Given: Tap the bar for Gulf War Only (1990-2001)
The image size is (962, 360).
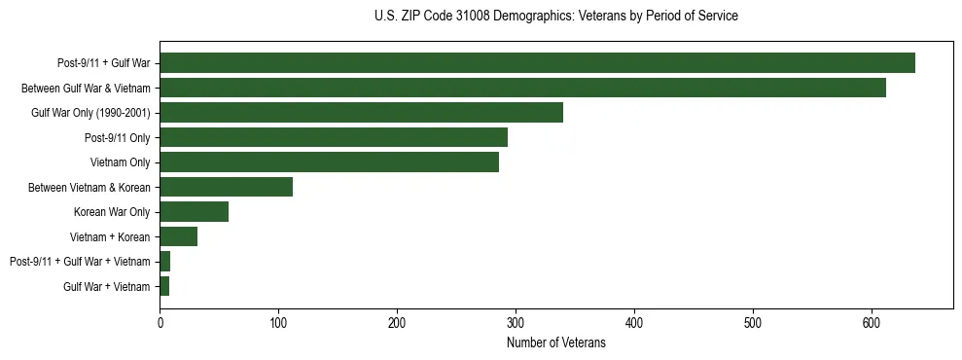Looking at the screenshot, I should pyautogui.click(x=361, y=113).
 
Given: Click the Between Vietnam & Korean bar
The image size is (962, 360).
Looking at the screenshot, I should pyautogui.click(x=226, y=187).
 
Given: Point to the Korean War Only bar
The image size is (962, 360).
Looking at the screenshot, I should pyautogui.click(x=194, y=212).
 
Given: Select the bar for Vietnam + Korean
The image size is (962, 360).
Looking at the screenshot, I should pyautogui.click(x=178, y=236).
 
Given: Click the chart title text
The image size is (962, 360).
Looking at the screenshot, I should pyautogui.click(x=555, y=17).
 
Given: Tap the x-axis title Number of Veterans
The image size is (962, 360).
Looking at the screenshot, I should pyautogui.click(x=555, y=343).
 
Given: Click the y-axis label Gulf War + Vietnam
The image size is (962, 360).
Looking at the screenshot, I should pyautogui.click(x=106, y=287).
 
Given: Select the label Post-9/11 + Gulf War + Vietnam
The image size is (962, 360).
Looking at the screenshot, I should pyautogui.click(x=80, y=262).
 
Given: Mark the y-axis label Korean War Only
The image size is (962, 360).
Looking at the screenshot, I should pyautogui.click(x=112, y=212).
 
